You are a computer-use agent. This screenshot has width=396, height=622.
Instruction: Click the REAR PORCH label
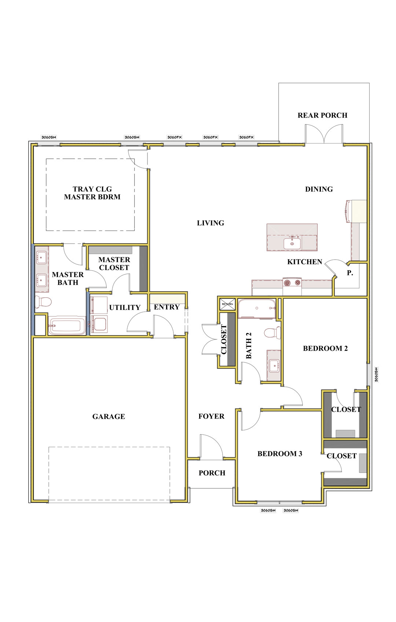pyautogui.click(x=322, y=115)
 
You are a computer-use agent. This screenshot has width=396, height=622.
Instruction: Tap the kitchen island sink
pyautogui.click(x=292, y=244)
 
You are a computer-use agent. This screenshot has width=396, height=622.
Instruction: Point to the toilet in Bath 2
pyautogui.click(x=272, y=332)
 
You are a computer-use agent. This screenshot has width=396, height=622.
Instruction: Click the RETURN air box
pyautogui.click(x=227, y=304)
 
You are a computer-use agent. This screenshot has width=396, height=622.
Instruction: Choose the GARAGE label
pyautogui.click(x=109, y=416)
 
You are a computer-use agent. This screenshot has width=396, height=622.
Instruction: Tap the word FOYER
pyautogui.click(x=211, y=416)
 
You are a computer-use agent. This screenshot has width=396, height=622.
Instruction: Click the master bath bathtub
pyautogui.click(x=67, y=326)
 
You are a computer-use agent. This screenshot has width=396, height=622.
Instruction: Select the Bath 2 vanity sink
pyautogui.click(x=274, y=365)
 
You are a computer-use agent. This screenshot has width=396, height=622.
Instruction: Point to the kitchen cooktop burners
pyautogui.click(x=292, y=283)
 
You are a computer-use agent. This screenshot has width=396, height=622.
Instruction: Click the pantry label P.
pyautogui.click(x=350, y=273)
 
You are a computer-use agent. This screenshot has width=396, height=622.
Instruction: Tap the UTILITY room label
pyautogui.click(x=125, y=307)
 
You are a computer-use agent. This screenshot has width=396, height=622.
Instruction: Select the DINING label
pyautogui.click(x=319, y=189)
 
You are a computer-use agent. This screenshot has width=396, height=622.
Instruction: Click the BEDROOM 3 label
pyautogui.click(x=280, y=454)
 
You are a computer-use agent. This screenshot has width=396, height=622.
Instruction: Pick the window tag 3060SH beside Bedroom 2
pyautogui.click(x=376, y=375)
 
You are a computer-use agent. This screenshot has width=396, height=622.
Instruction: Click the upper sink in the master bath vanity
pyautogui.click(x=41, y=257)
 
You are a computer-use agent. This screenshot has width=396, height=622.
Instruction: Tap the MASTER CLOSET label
pyautogui.click(x=114, y=264)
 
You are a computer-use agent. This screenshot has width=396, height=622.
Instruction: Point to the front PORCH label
pyautogui.click(x=212, y=473)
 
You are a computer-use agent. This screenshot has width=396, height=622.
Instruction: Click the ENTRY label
pyautogui.click(x=167, y=307)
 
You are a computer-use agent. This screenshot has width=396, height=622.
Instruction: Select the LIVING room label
pyautogui.click(x=210, y=223)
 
